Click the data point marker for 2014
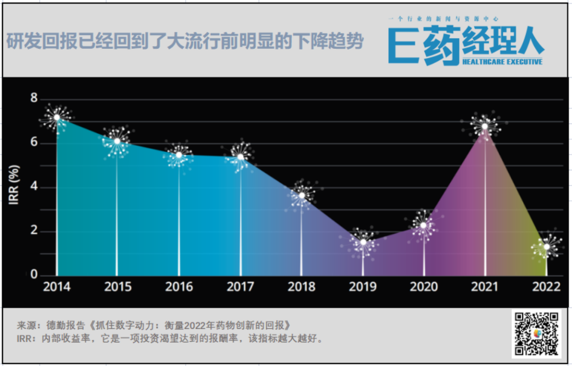(57, 117)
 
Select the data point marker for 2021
(485, 126)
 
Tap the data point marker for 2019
(363, 242)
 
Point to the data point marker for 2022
(546, 247)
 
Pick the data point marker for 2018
(301, 196)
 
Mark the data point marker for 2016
(179, 155)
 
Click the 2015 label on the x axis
(118, 287)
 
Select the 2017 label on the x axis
(240, 287)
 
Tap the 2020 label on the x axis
(424, 287)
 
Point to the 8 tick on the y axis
(34, 98)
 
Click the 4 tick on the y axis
(34, 187)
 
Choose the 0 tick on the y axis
(34, 275)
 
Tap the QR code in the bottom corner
(537, 334)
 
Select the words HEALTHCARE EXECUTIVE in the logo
(502, 62)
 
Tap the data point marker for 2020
(424, 225)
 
